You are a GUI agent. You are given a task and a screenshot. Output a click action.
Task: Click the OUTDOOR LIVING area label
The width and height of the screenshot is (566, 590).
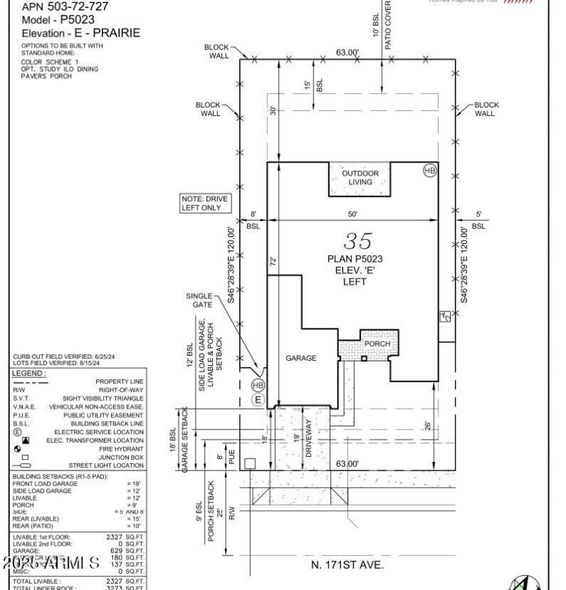click(x=360, y=178)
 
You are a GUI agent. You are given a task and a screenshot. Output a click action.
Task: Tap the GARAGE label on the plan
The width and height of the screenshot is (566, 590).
click(x=301, y=358)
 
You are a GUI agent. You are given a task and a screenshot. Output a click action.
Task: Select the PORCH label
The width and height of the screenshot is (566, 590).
click(x=377, y=344)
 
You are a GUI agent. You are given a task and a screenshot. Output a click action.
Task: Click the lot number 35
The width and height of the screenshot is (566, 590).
click(x=358, y=241)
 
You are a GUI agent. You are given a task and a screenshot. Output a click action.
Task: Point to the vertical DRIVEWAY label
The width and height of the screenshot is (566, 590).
click(x=308, y=439)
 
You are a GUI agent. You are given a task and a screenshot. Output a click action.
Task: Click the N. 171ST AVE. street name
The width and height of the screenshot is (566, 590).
click(x=347, y=565)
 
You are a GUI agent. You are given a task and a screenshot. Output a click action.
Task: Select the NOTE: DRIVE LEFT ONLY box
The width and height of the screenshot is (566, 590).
click(x=205, y=204)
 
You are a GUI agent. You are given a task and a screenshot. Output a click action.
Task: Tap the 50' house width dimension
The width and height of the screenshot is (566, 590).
click(x=352, y=214)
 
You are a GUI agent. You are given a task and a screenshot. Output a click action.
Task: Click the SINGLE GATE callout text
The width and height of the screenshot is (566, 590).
click(x=200, y=301)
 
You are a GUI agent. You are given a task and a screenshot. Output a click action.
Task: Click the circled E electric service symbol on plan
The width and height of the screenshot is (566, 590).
click(x=258, y=400)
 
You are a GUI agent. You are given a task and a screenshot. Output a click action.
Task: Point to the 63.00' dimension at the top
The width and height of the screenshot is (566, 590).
click(x=347, y=52)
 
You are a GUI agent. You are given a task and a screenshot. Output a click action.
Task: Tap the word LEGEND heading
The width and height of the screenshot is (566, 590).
click(x=29, y=373)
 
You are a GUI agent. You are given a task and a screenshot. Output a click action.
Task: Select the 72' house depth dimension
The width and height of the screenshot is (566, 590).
click(x=273, y=260)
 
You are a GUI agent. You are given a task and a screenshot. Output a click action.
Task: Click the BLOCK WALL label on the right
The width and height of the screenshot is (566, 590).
click(x=485, y=109)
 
